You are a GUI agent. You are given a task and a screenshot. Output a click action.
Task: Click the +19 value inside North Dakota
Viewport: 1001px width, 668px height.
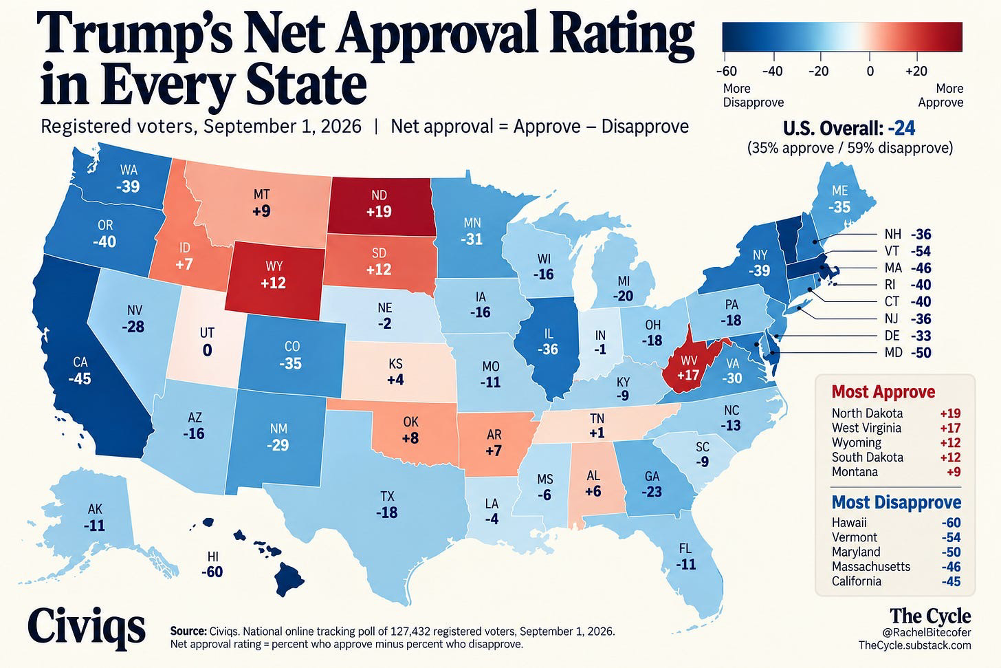point(379,211)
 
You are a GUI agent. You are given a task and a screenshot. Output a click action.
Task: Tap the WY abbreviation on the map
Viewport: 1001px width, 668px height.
point(274,266)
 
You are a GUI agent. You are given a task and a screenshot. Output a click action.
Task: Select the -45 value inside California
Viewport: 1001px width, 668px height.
point(80,378)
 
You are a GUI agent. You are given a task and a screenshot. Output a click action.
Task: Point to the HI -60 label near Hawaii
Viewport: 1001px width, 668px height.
point(212,564)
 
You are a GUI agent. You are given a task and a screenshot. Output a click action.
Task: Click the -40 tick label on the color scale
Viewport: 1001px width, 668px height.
point(773,71)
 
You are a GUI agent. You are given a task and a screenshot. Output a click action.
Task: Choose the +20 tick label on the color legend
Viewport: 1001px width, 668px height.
point(916,71)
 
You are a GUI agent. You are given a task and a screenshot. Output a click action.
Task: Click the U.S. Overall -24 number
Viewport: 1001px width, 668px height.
point(901,129)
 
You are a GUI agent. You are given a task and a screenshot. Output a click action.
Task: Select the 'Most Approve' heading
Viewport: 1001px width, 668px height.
point(883,391)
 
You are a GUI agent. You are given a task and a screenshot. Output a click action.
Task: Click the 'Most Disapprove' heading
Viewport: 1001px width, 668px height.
point(896,502)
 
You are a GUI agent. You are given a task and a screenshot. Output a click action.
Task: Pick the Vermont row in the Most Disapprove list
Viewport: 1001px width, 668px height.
point(896,537)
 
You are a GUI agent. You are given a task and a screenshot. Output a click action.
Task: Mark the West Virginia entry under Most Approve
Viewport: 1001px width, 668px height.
point(896,428)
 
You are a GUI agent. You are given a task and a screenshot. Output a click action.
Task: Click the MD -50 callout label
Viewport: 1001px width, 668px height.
point(907,352)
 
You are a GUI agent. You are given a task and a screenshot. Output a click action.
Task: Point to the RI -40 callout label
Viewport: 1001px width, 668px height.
point(907,285)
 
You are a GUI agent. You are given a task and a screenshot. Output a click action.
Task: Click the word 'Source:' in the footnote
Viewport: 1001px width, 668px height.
point(188,632)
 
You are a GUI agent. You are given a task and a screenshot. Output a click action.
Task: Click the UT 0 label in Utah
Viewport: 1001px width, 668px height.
point(207,342)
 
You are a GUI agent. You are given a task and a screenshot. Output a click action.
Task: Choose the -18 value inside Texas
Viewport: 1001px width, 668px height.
point(387,513)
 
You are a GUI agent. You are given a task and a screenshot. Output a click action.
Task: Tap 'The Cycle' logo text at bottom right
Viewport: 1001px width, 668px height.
point(930,616)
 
